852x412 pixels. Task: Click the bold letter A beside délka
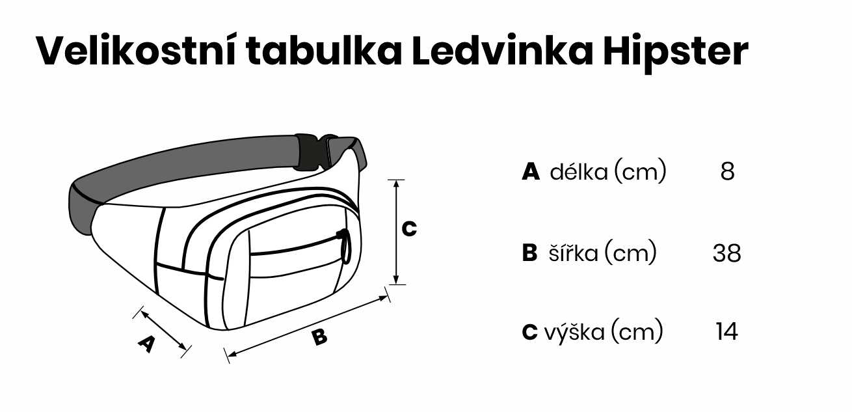pos(531,172)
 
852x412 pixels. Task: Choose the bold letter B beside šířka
pos(530,253)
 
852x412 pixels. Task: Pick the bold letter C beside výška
pos(529,332)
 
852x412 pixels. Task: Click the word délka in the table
pos(579,172)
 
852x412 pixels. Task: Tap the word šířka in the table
pos(569,253)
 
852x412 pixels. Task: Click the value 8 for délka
pos(727,172)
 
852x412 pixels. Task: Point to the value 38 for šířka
pos(726,253)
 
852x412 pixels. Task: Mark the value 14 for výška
pos(726,332)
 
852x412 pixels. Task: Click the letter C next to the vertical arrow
pos(409,229)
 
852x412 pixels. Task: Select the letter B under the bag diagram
pos(319,337)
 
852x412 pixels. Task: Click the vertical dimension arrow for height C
pos(395,232)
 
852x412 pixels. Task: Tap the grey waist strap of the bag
pos(189,163)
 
